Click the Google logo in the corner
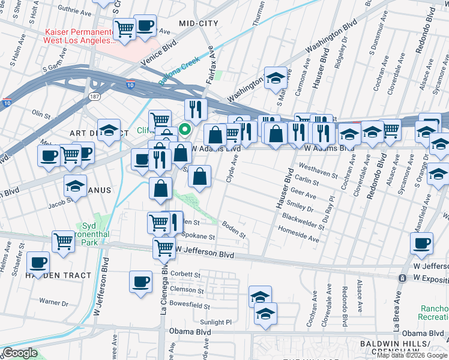click(x=20, y=353)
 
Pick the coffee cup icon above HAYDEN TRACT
click(x=39, y=262)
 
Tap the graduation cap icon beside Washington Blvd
click(x=276, y=78)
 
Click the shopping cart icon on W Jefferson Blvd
click(x=163, y=247)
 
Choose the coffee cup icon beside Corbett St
click(x=141, y=281)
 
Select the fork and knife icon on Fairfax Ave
click(x=196, y=109)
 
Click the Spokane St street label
click(x=195, y=237)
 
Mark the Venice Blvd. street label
click(x=160, y=53)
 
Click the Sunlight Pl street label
click(x=215, y=322)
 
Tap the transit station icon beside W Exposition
click(x=402, y=278)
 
